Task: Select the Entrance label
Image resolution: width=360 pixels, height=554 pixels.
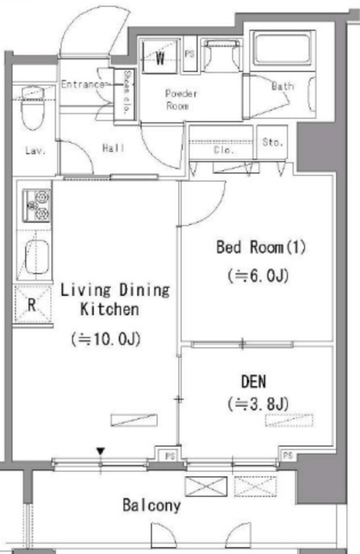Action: [x=84, y=85]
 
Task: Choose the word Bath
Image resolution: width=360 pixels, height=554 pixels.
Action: [x=283, y=87]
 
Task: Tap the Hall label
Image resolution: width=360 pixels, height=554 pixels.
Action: [x=113, y=148]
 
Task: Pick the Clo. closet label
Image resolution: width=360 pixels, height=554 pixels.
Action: [x=223, y=149]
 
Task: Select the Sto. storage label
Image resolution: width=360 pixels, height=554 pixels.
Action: [x=273, y=142]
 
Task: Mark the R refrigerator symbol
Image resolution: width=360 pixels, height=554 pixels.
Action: [x=31, y=304]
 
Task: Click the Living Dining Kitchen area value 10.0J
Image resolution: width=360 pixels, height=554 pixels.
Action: [x=106, y=339]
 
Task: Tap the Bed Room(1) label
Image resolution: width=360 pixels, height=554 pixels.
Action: [x=261, y=248]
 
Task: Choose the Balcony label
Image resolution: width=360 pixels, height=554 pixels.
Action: [x=151, y=506]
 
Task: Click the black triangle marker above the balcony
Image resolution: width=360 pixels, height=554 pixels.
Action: [x=101, y=451]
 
